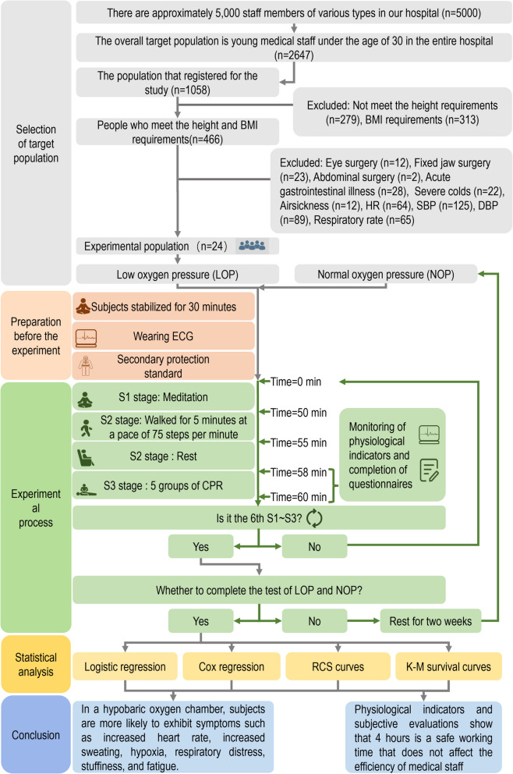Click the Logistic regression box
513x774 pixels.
click(x=126, y=666)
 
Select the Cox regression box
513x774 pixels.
click(x=232, y=666)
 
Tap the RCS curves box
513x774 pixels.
click(x=338, y=666)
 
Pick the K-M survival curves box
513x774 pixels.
click(x=448, y=666)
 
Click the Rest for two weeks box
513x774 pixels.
click(x=430, y=621)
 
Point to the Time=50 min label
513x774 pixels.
click(x=299, y=413)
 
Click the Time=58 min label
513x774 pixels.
click(x=299, y=472)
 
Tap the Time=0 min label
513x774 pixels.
click(x=295, y=382)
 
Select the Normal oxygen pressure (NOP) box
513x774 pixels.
click(x=386, y=274)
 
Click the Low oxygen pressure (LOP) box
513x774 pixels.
click(x=178, y=275)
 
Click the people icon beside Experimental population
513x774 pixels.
click(x=252, y=245)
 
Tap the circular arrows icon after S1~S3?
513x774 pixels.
click(x=314, y=518)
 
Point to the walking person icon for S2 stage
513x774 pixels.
click(x=87, y=428)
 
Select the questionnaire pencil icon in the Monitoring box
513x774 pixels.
click(x=429, y=470)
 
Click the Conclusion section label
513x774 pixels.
click(x=36, y=735)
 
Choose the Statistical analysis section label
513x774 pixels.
click(x=36, y=665)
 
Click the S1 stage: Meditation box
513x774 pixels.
click(x=164, y=397)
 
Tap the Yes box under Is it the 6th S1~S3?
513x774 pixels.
click(x=201, y=546)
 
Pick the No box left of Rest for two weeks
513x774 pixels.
click(x=314, y=621)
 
